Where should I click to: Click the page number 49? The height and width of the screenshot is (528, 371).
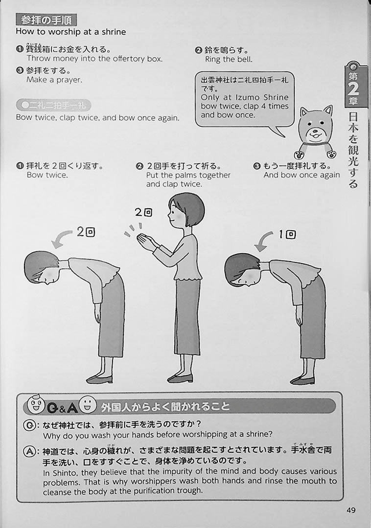pyautogui.click(x=351, y=510)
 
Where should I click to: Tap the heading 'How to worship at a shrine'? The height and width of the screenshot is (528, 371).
pyautogui.click(x=71, y=32)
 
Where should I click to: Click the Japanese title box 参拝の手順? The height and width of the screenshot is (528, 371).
pyautogui.click(x=46, y=20)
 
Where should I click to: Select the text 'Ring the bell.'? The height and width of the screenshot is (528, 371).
pyautogui.click(x=229, y=60)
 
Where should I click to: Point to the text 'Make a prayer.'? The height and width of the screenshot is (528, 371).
pyautogui.click(x=54, y=80)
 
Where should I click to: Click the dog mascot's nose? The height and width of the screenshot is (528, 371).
pyautogui.click(x=315, y=132)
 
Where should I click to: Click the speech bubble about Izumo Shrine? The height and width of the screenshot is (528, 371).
pyautogui.click(x=245, y=99)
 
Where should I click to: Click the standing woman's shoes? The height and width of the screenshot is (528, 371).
pyautogui.click(x=180, y=378)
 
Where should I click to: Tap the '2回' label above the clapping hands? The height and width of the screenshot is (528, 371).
pyautogui.click(x=143, y=212)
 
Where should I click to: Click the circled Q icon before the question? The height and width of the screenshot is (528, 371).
pyautogui.click(x=29, y=425)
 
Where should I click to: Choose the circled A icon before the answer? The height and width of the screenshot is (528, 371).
pyautogui.click(x=29, y=451)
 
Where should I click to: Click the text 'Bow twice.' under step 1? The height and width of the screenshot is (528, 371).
pyautogui.click(x=47, y=175)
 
